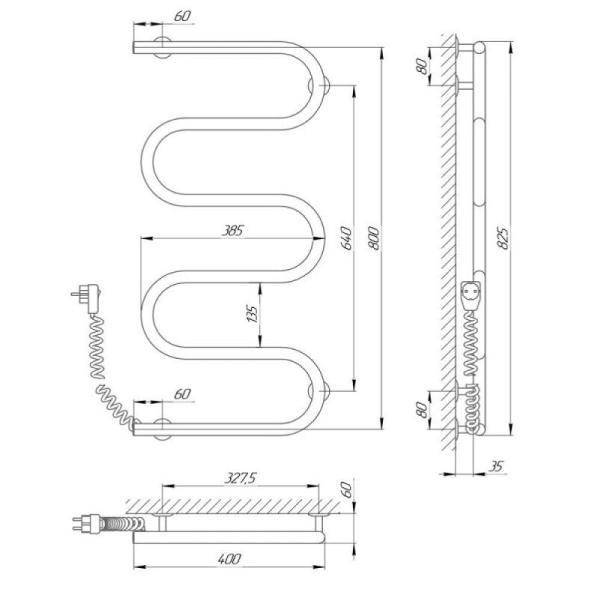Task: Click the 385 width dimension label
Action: click(233, 230)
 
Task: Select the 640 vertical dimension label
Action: click(347, 238)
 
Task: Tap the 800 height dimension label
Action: click(374, 238)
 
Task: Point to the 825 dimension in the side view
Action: click(504, 238)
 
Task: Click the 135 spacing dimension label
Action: click(253, 314)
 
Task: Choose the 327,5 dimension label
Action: click(241, 478)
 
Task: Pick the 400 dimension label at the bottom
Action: click(229, 558)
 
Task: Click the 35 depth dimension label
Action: click(496, 466)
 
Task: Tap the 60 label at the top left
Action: click(182, 16)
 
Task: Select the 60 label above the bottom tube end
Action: click(182, 394)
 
